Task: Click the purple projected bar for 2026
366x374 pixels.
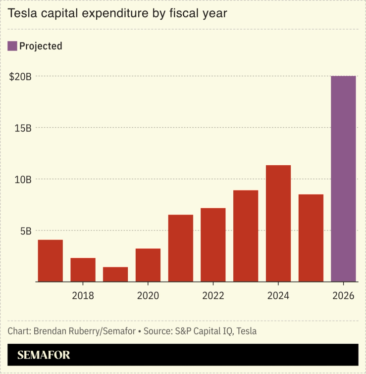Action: (x=343, y=179)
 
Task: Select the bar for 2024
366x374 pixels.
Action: (x=278, y=223)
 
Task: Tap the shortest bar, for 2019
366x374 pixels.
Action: (x=115, y=274)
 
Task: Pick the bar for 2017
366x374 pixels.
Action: (x=51, y=261)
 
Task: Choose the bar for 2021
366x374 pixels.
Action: (x=180, y=248)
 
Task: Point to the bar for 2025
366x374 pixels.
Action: (x=311, y=238)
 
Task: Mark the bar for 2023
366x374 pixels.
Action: (x=246, y=235)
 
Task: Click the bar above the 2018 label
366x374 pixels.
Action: (x=83, y=270)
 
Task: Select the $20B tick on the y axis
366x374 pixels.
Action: (x=20, y=76)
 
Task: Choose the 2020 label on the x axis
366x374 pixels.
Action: (x=148, y=296)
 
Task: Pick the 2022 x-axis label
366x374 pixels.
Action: (x=213, y=296)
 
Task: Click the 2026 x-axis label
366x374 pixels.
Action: (x=343, y=296)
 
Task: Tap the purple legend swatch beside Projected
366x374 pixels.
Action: (x=12, y=46)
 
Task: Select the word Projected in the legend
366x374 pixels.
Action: (x=41, y=46)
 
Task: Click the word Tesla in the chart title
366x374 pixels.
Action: (x=22, y=13)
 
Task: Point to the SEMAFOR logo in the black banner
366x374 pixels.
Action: (x=44, y=355)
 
